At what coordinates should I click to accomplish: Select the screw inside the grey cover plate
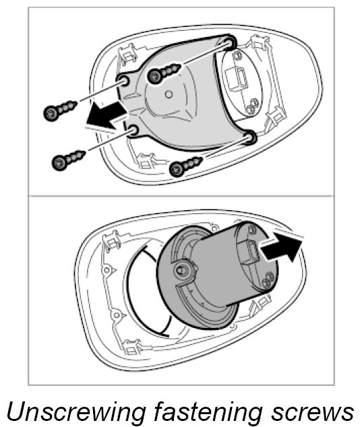pos(163,72)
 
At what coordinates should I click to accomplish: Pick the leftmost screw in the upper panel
pos(60,110)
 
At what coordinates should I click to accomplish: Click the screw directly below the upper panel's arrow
pos(68,160)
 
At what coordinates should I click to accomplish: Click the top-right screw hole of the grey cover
pos(230,42)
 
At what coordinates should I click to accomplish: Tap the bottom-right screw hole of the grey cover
pos(249,137)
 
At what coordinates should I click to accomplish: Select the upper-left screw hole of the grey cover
pos(123,81)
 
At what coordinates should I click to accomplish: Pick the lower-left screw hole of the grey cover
pos(133,131)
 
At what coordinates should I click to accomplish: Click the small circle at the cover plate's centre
pos(169,94)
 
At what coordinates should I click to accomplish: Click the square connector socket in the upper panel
pos(237,79)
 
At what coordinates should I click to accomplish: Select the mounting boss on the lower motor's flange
pos(181,270)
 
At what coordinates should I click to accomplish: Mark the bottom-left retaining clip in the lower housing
pos(133,347)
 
